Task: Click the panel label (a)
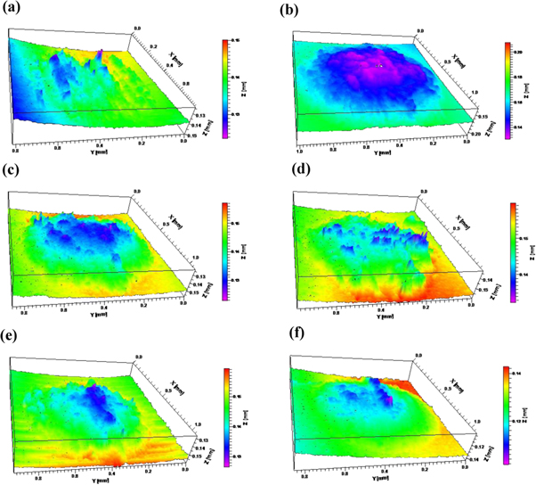pyautogui.click(x=14, y=12)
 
